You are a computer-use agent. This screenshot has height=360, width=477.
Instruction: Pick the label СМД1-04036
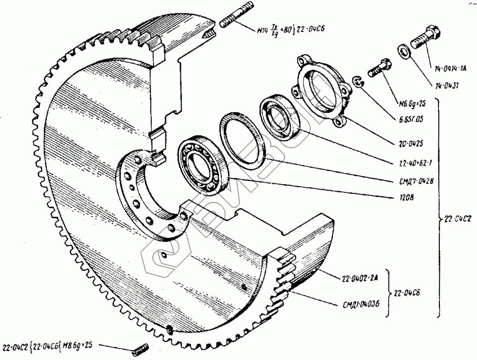(x=361, y=303)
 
